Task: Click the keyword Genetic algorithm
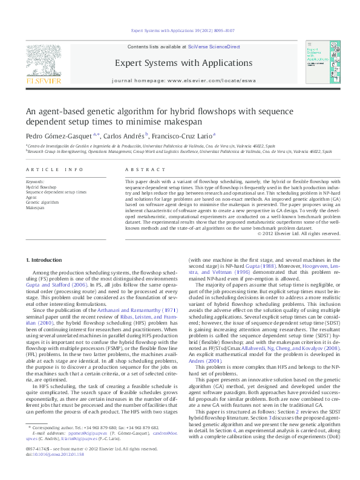coord(42,202)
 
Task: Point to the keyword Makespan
coord(35,207)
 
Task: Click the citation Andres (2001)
coord(202,361)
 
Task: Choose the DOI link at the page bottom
coord(47,470)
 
